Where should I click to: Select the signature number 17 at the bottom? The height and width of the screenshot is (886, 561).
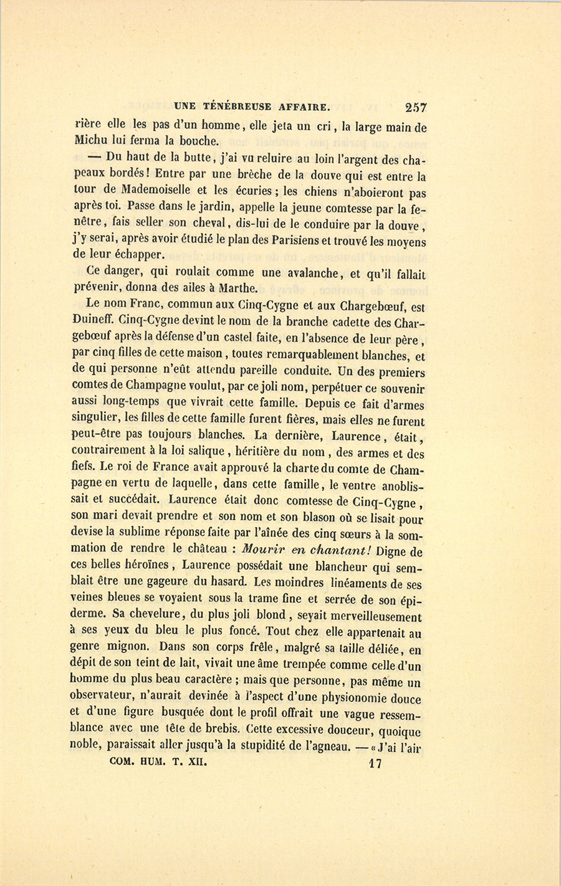pyautogui.click(x=375, y=763)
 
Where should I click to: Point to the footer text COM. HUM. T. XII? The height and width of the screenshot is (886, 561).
pyautogui.click(x=157, y=761)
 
